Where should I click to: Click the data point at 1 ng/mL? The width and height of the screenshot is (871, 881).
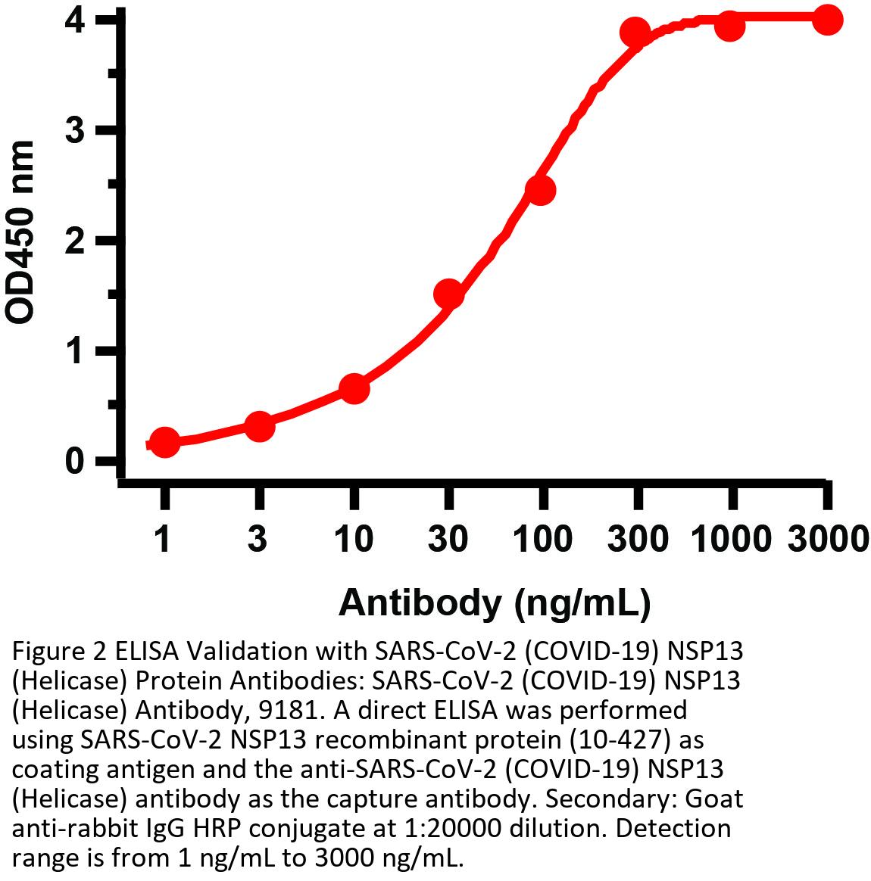[x=165, y=442]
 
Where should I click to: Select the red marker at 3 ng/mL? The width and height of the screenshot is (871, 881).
[x=259, y=426]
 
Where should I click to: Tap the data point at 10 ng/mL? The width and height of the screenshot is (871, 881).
[x=354, y=388]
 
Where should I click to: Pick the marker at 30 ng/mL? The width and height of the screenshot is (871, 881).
[x=448, y=293]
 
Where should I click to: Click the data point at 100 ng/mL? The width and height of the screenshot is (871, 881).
[x=541, y=189]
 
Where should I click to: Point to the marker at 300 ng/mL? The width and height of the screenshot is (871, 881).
[x=635, y=33]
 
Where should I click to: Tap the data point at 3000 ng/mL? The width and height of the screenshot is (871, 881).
[x=827, y=20]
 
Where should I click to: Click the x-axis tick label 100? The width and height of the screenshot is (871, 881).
[x=542, y=540]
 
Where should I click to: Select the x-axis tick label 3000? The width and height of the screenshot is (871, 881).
[x=827, y=540]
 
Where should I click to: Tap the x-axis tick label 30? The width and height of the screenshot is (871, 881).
[x=448, y=540]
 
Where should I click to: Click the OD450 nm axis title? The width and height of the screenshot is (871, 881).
[x=21, y=232]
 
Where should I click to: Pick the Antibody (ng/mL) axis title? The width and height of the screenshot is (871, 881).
[x=495, y=603]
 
